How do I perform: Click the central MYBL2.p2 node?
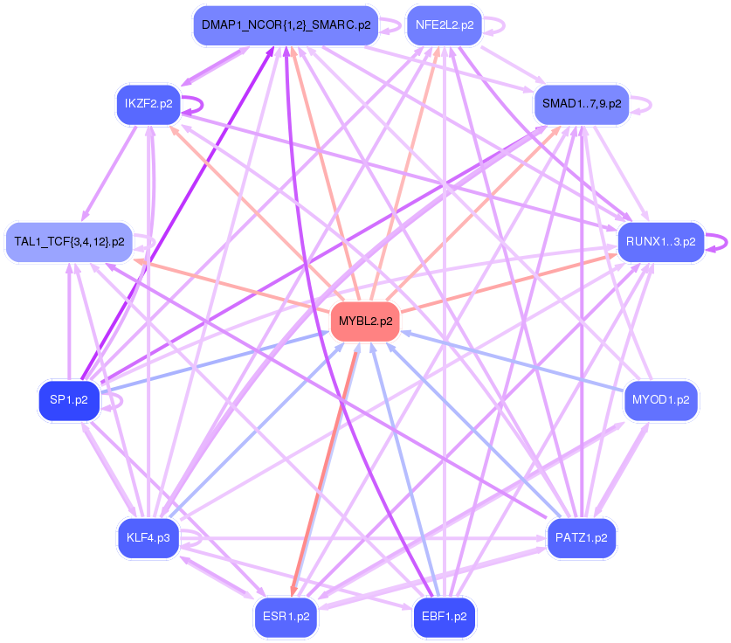pos(365,321)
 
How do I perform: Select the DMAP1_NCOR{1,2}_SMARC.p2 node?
pos(286,25)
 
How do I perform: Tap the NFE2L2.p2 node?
pos(445,25)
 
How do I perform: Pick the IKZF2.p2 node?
pos(148,104)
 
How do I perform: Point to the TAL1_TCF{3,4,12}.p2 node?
pos(69,240)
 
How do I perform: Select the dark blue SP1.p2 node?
pos(68,400)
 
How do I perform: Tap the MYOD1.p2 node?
pos(660,400)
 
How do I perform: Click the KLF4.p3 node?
pos(148,537)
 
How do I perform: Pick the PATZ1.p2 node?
pos(581,537)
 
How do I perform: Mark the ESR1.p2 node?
pos(286,616)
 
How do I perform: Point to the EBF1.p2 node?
pos(444,616)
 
